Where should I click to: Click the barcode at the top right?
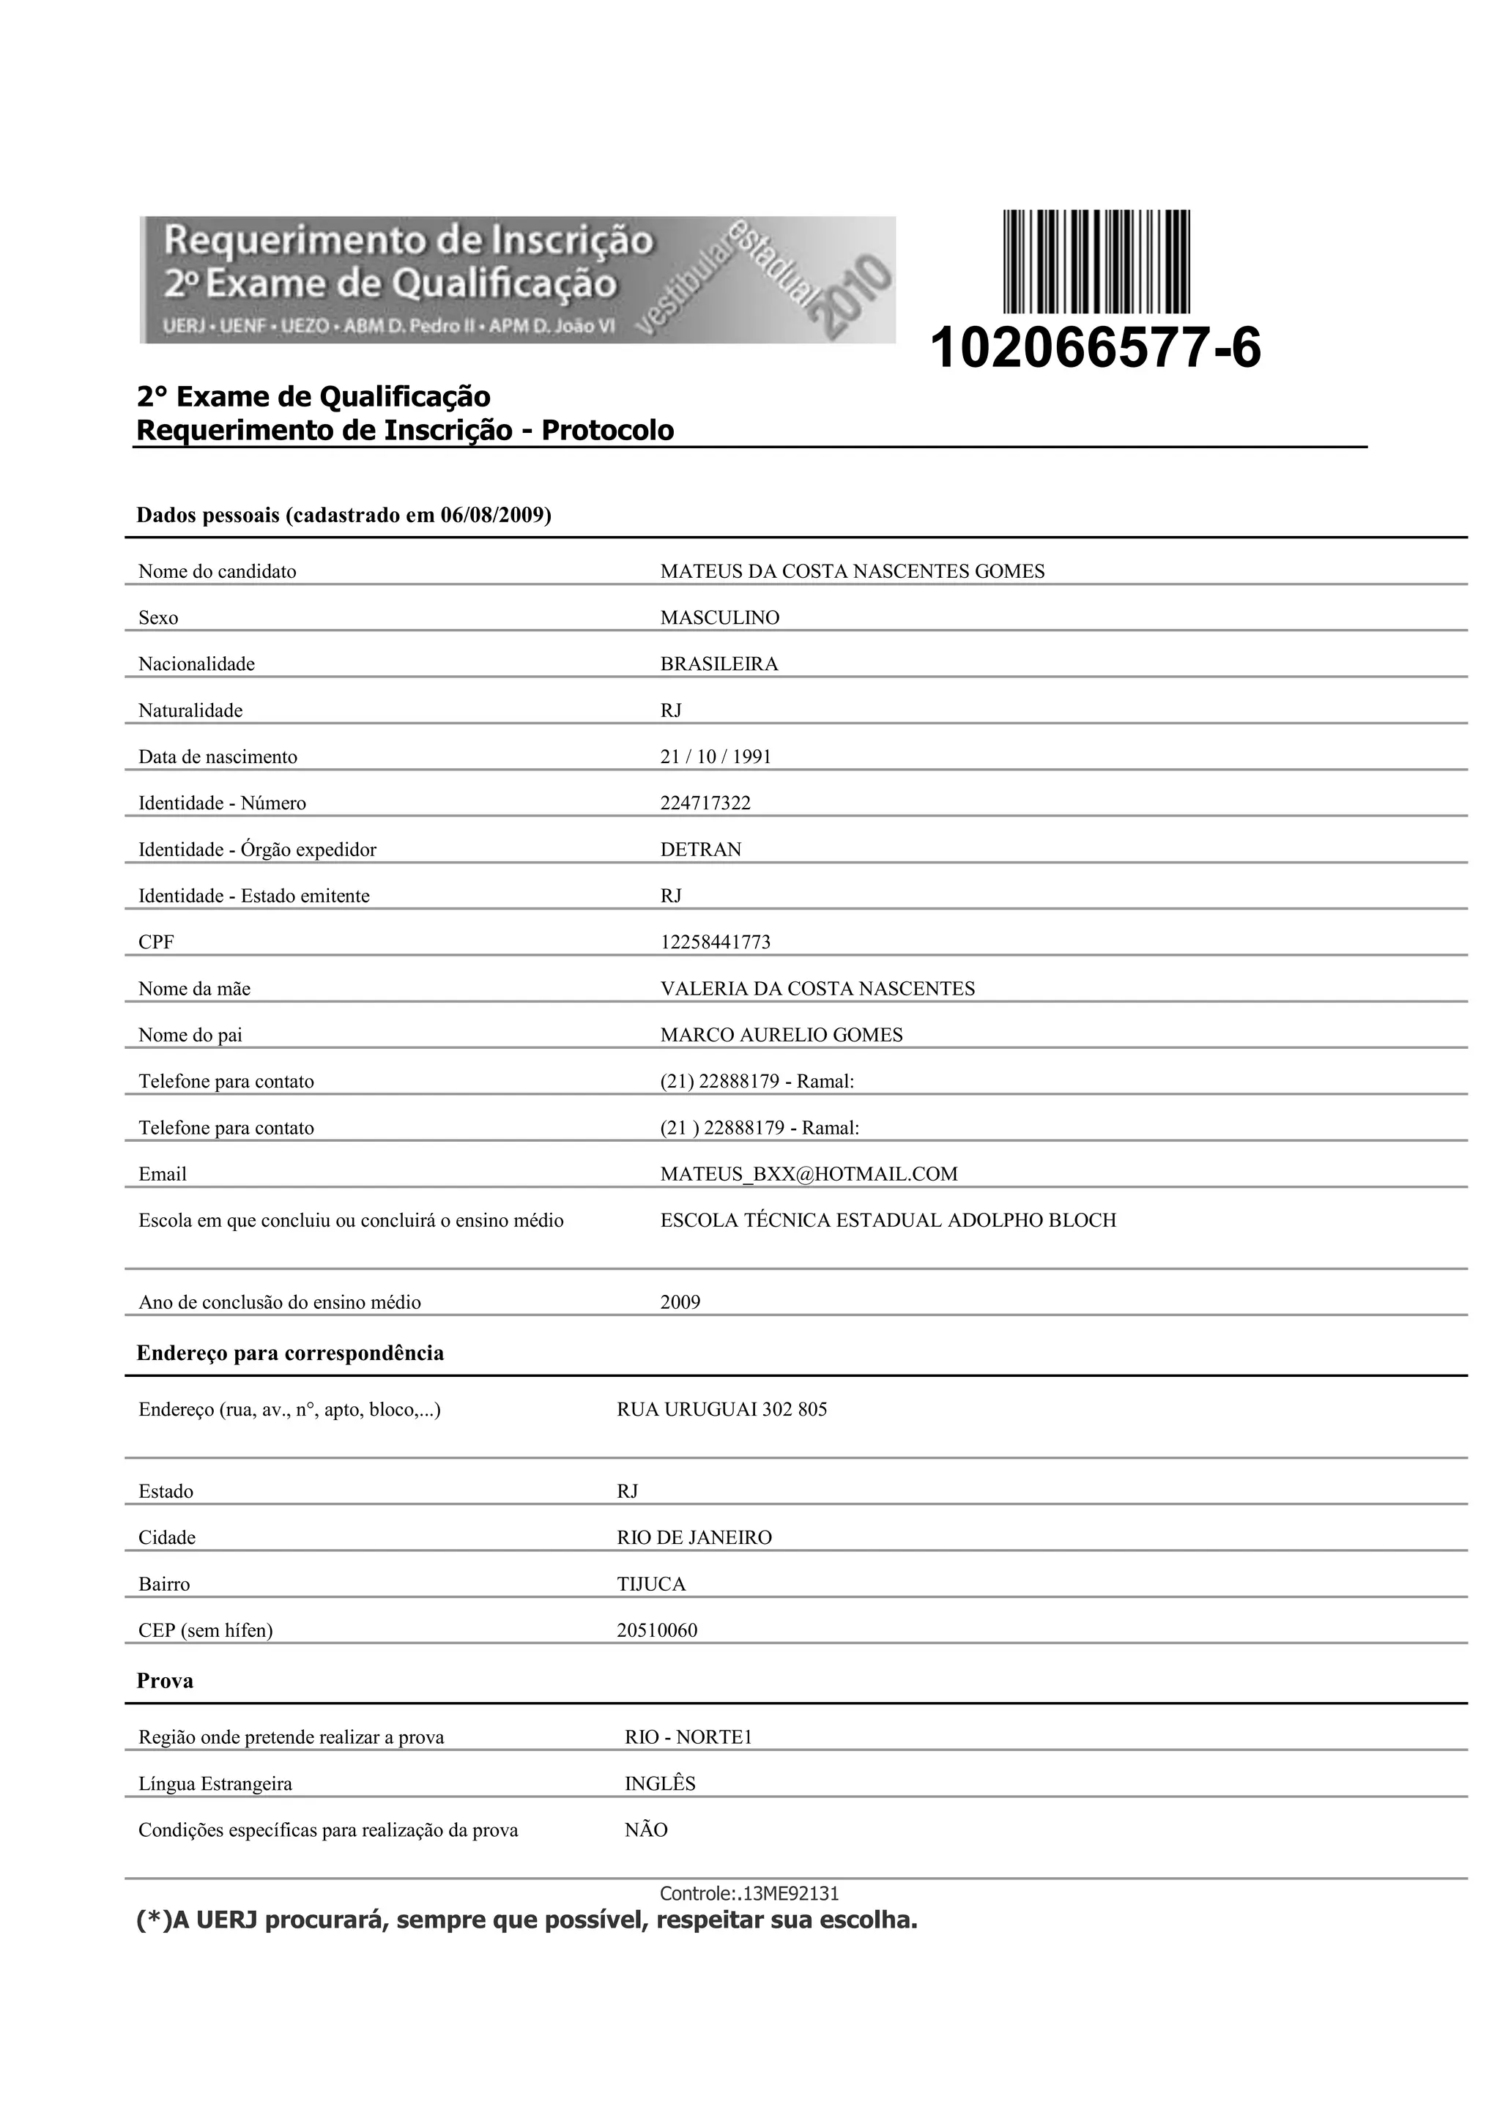click(x=1096, y=261)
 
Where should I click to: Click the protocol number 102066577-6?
click(x=1094, y=349)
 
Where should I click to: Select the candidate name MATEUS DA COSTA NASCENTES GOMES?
click(x=852, y=572)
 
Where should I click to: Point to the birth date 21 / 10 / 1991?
click(x=715, y=757)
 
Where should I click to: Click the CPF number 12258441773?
click(x=715, y=943)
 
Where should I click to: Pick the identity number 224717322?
click(x=705, y=803)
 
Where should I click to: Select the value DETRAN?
click(x=700, y=850)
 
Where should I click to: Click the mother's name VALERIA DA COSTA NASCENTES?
click(x=817, y=989)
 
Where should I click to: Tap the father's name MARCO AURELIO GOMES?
click(x=781, y=1036)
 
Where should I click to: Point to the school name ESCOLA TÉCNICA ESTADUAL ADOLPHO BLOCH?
click(x=888, y=1220)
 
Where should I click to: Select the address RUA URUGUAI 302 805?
click(x=721, y=1410)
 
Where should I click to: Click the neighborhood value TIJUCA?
click(x=651, y=1584)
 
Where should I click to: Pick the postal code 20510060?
click(x=657, y=1630)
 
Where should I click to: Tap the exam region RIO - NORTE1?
click(x=688, y=1738)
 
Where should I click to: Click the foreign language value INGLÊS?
click(x=659, y=1784)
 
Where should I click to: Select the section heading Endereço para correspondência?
click(x=290, y=1353)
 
